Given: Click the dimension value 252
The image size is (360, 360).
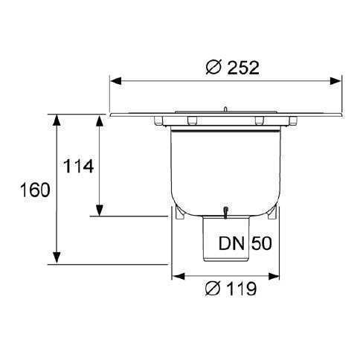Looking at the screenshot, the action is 243,68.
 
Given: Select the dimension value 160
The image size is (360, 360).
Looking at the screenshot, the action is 35,190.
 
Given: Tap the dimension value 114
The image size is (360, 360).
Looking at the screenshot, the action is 79,166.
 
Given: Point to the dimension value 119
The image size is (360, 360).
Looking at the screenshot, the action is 242,289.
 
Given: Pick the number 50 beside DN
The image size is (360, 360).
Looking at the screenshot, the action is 262,243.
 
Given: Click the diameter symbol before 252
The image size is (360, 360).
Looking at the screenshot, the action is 213,68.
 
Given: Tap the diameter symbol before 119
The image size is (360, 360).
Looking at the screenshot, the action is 213,289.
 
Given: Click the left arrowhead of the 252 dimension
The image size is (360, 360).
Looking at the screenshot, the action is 116,81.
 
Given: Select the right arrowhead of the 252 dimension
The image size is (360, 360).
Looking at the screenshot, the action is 335,81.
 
